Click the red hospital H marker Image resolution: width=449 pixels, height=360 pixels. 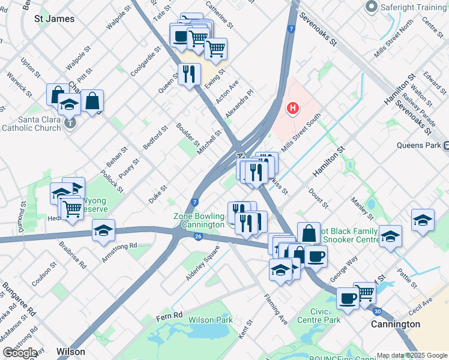[x=293, y=108]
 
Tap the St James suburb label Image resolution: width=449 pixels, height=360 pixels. [x=55, y=19]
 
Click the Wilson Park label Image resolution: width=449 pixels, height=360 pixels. [x=211, y=320]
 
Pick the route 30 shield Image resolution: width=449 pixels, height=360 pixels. [x=377, y=311]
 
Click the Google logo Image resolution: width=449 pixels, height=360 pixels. [x=20, y=353]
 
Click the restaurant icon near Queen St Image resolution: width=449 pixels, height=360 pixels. [x=189, y=74]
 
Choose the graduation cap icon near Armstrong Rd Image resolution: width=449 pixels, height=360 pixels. [x=103, y=230]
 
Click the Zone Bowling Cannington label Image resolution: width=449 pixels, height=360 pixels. [x=199, y=220]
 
